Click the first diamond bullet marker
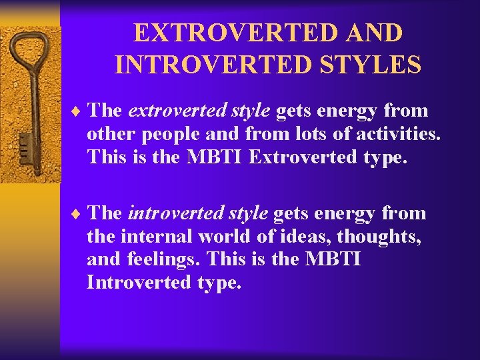click(x=77, y=111)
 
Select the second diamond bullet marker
click(x=77, y=213)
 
